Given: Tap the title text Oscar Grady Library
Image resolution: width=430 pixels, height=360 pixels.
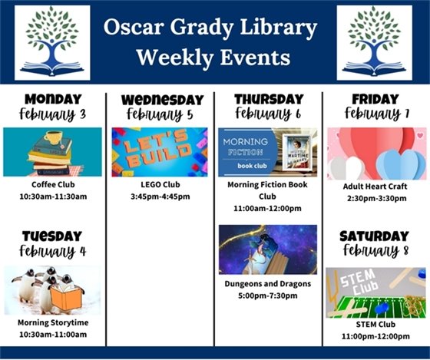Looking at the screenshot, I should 210,28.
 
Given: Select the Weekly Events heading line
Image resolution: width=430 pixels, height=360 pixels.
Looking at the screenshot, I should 212,58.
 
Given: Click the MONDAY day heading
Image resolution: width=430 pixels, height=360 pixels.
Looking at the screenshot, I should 52,99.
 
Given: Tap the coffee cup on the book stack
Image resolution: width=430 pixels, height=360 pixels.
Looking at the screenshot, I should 54,138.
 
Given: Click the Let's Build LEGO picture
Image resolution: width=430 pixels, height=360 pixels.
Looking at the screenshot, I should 160,152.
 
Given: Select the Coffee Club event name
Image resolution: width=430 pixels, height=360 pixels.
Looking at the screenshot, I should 52,185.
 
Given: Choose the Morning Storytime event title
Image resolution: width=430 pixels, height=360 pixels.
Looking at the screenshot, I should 52,323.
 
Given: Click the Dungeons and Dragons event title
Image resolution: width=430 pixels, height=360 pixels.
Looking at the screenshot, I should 267,284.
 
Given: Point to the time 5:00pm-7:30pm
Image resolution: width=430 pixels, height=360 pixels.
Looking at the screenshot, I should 267,296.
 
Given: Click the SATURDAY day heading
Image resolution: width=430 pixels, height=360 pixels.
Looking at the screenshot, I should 375,236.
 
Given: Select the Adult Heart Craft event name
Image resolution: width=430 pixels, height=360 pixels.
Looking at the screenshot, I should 375,186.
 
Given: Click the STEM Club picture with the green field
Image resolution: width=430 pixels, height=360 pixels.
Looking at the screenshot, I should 375,292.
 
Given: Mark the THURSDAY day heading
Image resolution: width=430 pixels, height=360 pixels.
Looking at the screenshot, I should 268,99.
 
